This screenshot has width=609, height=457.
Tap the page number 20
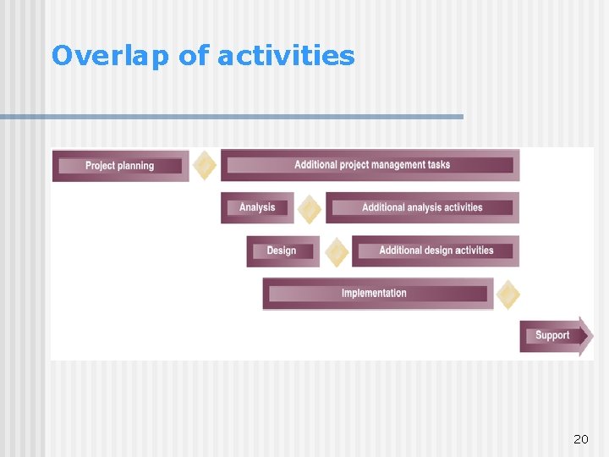click(580, 439)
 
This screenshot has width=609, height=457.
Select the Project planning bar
click(120, 166)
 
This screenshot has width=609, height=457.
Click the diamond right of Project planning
click(204, 165)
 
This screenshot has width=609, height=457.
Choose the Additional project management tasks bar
click(370, 165)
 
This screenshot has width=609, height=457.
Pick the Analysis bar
click(257, 207)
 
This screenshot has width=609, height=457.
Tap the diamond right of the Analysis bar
click(310, 208)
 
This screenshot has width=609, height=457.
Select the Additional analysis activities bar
click(422, 207)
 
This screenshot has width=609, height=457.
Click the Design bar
click(282, 251)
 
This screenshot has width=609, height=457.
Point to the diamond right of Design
click(337, 251)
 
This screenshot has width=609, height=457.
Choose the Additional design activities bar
click(436, 251)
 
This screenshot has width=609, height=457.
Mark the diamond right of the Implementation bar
click(507, 295)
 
